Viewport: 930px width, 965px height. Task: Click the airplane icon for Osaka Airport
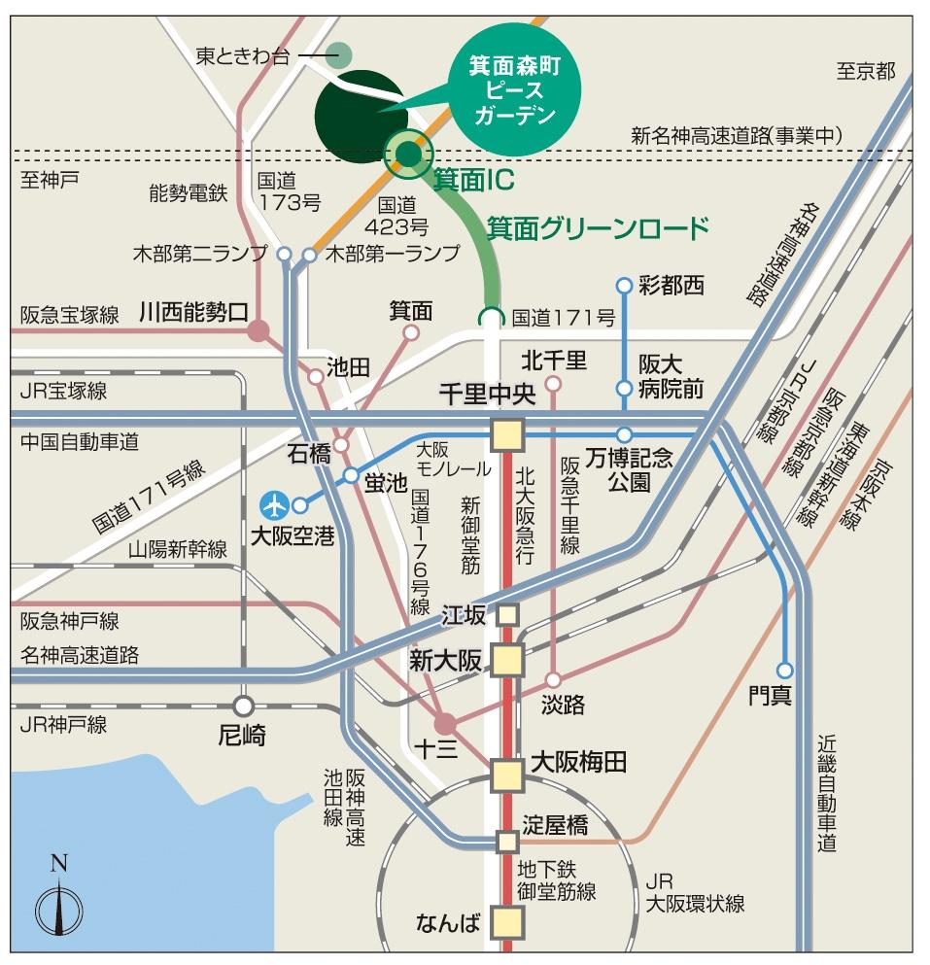tap(276, 505)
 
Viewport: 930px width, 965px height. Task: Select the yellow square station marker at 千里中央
tap(507, 434)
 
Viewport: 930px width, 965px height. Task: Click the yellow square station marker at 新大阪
tap(507, 660)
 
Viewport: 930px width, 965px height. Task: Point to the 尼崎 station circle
tap(243, 706)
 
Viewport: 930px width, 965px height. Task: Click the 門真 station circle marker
tap(784, 670)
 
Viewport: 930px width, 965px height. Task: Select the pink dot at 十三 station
tap(444, 723)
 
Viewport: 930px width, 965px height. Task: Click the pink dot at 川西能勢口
tap(258, 331)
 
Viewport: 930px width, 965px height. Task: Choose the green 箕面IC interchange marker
tap(408, 154)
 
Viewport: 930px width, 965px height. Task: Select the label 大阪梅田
tap(570, 763)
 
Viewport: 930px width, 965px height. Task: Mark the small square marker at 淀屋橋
tap(507, 841)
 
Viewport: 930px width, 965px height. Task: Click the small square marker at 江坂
tap(507, 614)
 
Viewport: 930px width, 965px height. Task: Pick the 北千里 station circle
tap(553, 384)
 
